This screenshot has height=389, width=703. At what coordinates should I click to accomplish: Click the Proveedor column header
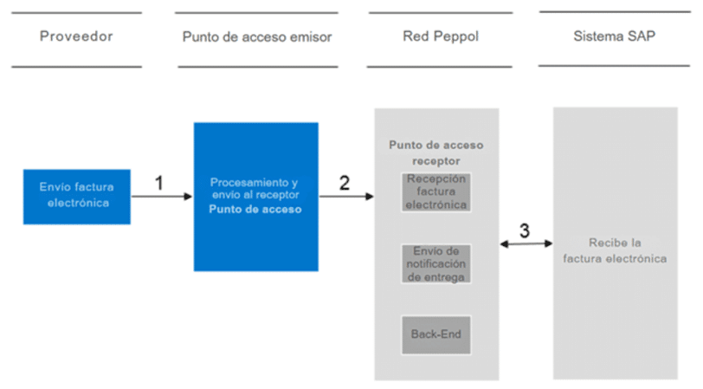pyautogui.click(x=76, y=36)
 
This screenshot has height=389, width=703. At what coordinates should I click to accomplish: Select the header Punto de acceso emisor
pyautogui.click(x=257, y=36)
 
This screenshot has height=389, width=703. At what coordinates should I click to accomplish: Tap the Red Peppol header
pyautogui.click(x=441, y=36)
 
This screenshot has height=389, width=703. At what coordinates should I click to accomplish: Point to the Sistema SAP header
pyautogui.click(x=614, y=36)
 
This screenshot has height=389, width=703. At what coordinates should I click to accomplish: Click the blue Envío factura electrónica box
pyautogui.click(x=77, y=197)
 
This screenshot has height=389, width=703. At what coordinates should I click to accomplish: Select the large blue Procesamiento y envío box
pyautogui.click(x=256, y=197)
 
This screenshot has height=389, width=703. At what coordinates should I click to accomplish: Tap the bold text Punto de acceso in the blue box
pyautogui.click(x=255, y=209)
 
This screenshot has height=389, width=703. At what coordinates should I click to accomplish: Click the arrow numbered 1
pyautogui.click(x=162, y=197)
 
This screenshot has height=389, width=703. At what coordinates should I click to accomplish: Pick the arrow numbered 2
pyautogui.click(x=346, y=197)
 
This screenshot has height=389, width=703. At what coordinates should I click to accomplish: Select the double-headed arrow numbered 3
pyautogui.click(x=526, y=243)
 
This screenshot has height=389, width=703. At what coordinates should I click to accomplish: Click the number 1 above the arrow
pyautogui.click(x=158, y=183)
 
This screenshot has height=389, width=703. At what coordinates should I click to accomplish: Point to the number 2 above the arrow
pyautogui.click(x=345, y=183)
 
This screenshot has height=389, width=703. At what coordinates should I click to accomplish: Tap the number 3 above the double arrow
pyautogui.click(x=525, y=230)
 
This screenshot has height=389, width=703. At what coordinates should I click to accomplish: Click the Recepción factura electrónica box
pyautogui.click(x=435, y=192)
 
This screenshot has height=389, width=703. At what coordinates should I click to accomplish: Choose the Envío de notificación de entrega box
pyautogui.click(x=435, y=264)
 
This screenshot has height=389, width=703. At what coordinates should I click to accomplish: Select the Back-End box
pyautogui.click(x=435, y=334)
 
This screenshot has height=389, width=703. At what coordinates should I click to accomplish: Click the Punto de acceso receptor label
pyautogui.click(x=436, y=153)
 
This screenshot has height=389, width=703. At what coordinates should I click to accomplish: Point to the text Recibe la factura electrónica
pyautogui.click(x=615, y=250)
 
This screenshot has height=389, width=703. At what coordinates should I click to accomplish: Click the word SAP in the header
pyautogui.click(x=642, y=36)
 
